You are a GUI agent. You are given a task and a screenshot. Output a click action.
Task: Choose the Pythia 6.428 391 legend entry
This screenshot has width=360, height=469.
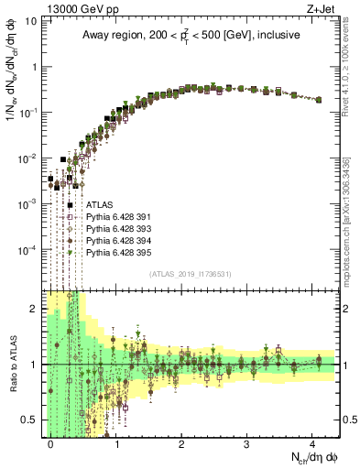point(119,217)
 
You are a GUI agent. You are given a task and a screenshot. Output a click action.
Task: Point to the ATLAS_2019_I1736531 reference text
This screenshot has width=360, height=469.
point(190,274)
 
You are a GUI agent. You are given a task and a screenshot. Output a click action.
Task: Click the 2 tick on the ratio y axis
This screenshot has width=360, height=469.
point(33,309)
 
